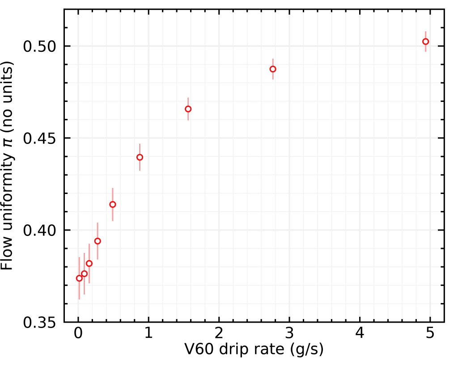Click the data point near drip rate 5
pyautogui.click(x=425, y=42)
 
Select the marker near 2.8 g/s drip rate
pyautogui.click(x=273, y=69)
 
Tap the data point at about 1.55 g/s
pyautogui.click(x=188, y=109)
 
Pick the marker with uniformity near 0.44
pyautogui.click(x=140, y=157)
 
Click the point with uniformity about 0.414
pyautogui.click(x=113, y=204)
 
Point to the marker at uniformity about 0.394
pyautogui.click(x=98, y=241)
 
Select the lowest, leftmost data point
pyautogui.click(x=79, y=278)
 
